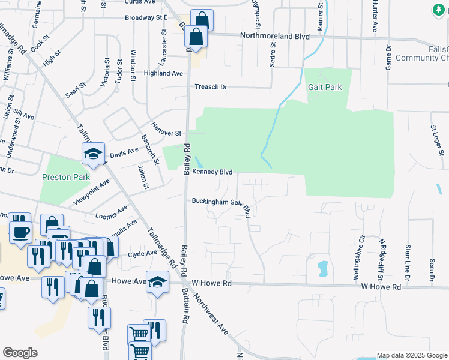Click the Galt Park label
[x=325, y=87]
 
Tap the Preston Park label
[x=65, y=177]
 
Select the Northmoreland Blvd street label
[x=274, y=36]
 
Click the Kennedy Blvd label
[x=212, y=172]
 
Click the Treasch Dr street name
[x=211, y=87]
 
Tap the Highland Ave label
[x=163, y=73]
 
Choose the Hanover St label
[x=166, y=133]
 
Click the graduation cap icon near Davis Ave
[x=94, y=154]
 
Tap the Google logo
[x=20, y=353]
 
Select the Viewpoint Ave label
[x=92, y=191]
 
